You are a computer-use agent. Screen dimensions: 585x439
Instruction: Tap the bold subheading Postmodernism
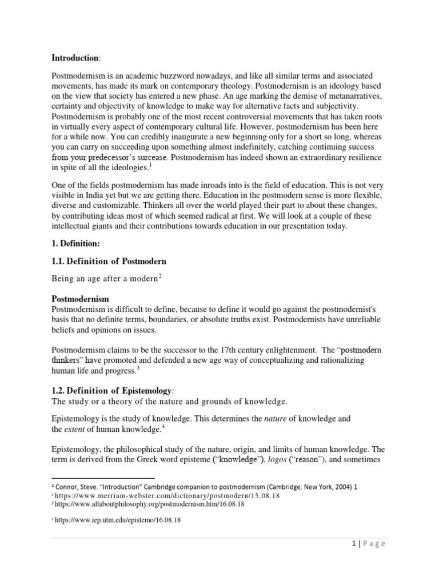pyautogui.click(x=81, y=298)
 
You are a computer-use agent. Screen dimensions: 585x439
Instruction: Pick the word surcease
pyautogui.click(x=150, y=157)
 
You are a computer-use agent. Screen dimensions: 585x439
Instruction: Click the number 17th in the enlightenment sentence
pyautogui.click(x=244, y=350)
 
